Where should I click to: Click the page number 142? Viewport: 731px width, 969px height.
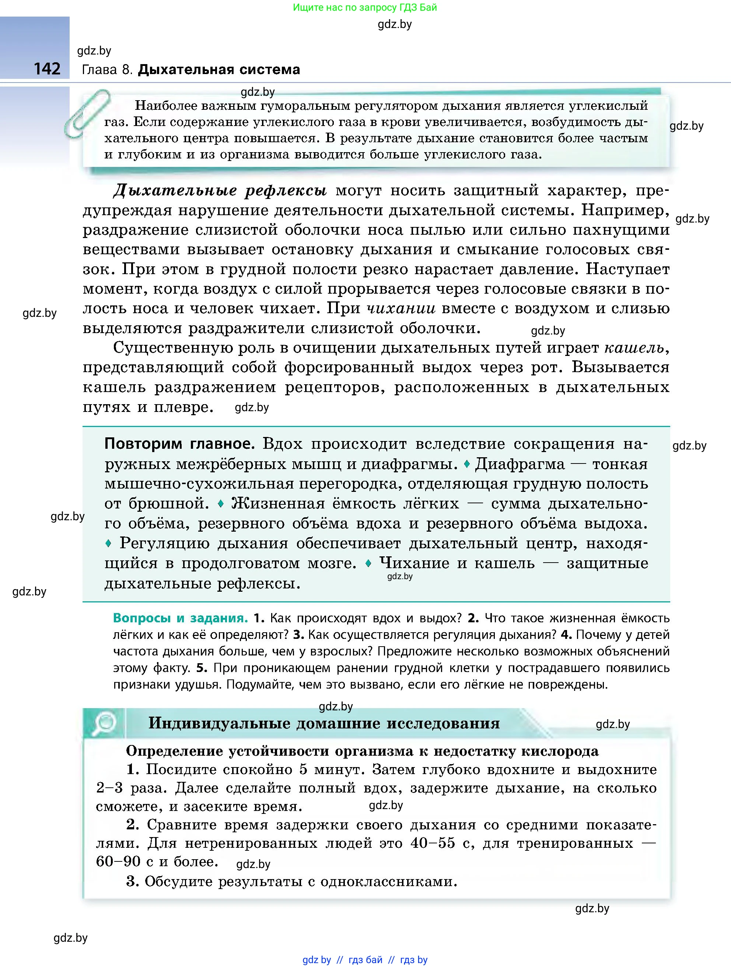pos(47,69)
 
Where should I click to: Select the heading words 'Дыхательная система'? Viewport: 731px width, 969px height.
pos(219,70)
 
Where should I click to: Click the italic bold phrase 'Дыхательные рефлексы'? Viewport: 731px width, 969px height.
pos(220,190)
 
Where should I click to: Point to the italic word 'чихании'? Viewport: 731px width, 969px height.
pos(401,308)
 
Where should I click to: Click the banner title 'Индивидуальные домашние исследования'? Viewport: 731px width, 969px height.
pos(324,723)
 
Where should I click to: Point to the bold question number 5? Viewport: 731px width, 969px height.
pos(201,668)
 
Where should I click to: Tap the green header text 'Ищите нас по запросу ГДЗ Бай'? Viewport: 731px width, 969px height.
pos(365,7)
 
